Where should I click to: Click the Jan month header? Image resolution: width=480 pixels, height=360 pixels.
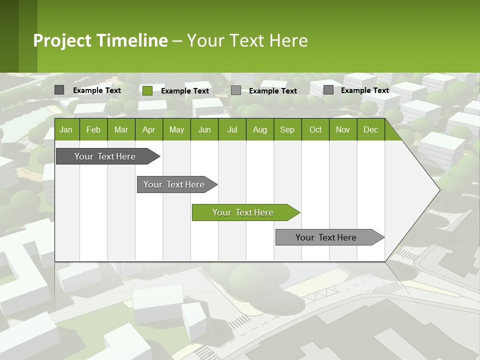(66, 130)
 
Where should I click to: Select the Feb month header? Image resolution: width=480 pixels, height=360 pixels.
(93, 130)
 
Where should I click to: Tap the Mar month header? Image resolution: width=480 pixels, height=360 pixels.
(121, 130)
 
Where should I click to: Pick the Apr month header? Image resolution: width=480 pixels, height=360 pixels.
(148, 130)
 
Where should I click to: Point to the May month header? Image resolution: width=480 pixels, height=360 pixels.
(176, 130)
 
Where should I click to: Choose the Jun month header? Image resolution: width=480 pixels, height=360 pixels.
(204, 130)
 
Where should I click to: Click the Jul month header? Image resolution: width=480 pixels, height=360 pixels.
(232, 130)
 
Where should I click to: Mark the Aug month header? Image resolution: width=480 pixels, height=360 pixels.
(260, 130)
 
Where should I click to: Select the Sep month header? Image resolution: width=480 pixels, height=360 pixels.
(287, 130)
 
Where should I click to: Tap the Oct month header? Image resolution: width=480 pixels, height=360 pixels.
(315, 130)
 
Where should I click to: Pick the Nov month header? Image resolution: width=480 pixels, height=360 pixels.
(343, 130)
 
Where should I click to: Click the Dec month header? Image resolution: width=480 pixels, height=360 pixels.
(371, 130)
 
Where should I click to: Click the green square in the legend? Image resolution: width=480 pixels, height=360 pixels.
(147, 90)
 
